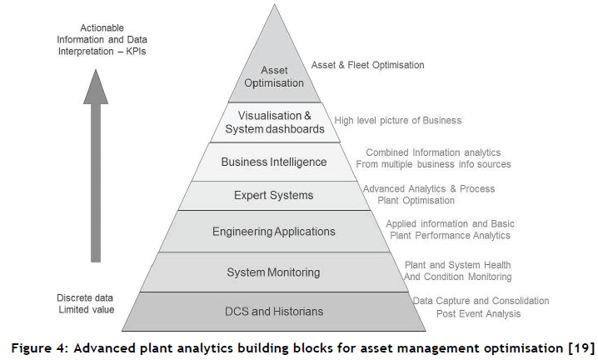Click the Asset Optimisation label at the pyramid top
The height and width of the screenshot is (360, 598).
click(x=274, y=77)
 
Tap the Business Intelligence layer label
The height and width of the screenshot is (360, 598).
click(x=273, y=161)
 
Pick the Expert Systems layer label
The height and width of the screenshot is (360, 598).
click(x=273, y=195)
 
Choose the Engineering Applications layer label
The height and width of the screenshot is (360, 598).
click(x=273, y=231)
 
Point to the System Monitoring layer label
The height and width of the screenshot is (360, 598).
click(x=273, y=272)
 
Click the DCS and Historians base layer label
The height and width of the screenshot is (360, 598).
click(x=273, y=312)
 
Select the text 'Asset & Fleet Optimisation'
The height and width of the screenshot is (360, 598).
click(x=367, y=65)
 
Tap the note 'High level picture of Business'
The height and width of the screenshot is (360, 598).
click(x=397, y=121)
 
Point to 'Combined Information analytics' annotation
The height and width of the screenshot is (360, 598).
click(x=432, y=152)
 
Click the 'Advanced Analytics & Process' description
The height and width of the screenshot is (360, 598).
click(x=428, y=189)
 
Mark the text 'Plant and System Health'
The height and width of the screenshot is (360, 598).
click(x=451, y=265)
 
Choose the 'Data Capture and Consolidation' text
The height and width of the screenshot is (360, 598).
click(x=481, y=301)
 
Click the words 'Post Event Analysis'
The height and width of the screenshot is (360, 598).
click(x=478, y=314)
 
